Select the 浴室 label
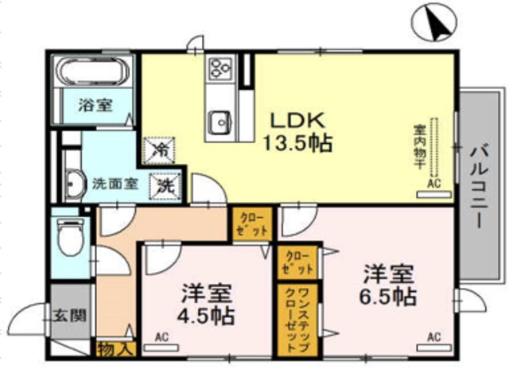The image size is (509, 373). point(95,104)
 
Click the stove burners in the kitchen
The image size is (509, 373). point(218,69)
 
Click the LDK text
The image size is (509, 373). point(297,121)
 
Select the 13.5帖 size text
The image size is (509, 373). point(297,144)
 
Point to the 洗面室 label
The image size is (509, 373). point(114,184)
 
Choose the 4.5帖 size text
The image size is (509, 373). point(206,315)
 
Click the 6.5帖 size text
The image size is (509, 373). point(387,297)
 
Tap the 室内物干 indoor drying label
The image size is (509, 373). point(419,148)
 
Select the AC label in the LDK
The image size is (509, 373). point(433,184)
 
